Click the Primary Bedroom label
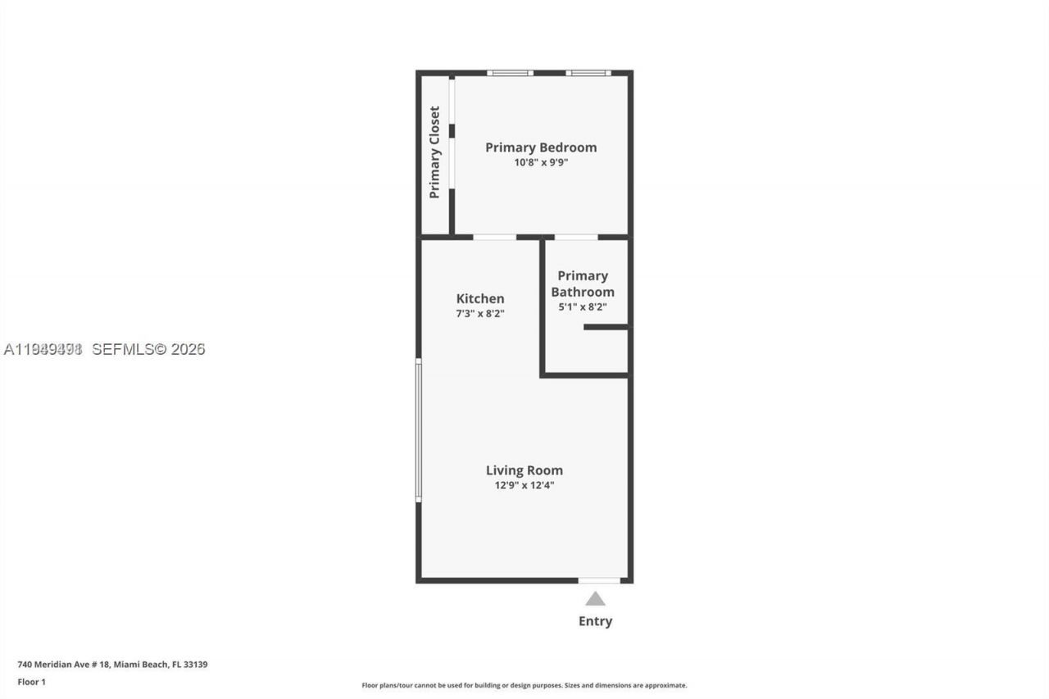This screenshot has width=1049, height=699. [541, 148]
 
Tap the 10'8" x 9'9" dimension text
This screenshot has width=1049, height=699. [541, 162]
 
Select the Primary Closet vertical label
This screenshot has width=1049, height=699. [434, 152]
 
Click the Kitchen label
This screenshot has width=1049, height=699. [480, 299]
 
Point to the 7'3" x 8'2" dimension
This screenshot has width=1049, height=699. [480, 313]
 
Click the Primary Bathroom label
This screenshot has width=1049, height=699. [583, 284]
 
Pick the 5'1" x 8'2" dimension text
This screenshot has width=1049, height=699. [583, 307]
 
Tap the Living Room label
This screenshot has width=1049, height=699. [524, 470]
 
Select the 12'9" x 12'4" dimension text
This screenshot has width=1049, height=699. [524, 484]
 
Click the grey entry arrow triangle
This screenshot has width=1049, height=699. [595, 599]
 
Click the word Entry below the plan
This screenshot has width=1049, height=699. [595, 621]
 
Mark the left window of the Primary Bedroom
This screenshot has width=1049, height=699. [510, 73]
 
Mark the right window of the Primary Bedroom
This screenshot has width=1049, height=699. [588, 73]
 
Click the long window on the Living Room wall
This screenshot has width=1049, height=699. [418, 431]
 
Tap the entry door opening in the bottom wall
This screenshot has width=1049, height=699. [599, 580]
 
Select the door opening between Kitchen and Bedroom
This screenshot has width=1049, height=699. [494, 237]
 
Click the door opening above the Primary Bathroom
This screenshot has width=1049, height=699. [575, 237]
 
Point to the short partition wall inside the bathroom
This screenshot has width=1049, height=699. [606, 327]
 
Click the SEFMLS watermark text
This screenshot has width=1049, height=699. [148, 349]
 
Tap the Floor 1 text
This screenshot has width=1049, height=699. [31, 682]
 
